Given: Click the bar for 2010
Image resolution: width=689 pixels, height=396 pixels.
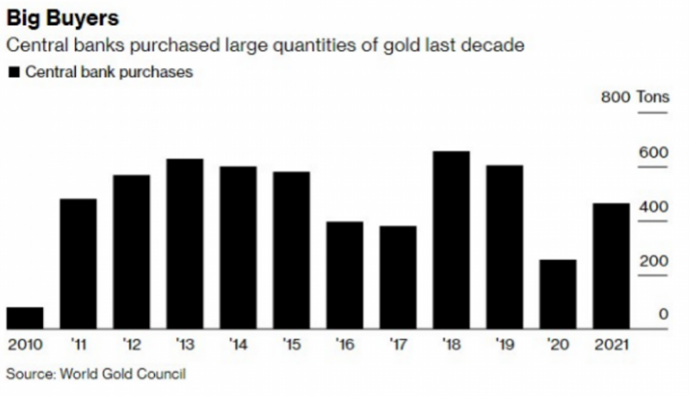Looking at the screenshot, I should (24, 318).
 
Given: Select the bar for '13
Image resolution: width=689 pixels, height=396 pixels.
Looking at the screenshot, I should (184, 244).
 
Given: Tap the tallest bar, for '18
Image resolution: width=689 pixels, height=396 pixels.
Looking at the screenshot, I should (450, 240).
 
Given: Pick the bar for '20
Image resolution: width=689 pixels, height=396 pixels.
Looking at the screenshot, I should (557, 294).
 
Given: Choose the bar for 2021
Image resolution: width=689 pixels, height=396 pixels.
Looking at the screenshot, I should (611, 266).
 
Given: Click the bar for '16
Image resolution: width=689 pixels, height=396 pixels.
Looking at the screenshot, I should (344, 275).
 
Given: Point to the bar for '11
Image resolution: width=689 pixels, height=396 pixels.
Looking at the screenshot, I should (78, 263).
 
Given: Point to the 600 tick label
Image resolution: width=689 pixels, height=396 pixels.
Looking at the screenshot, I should (653, 152).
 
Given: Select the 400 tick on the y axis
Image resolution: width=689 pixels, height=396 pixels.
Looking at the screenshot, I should (653, 207).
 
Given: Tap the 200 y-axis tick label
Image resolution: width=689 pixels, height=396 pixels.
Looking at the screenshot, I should (653, 261).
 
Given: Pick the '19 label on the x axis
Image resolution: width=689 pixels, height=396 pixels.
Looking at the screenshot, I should (504, 345).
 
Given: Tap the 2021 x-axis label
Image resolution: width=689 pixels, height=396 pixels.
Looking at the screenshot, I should (611, 345).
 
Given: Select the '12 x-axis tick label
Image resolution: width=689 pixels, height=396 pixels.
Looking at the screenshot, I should (131, 345).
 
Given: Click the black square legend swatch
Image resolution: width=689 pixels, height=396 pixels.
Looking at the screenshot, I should (13, 72).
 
